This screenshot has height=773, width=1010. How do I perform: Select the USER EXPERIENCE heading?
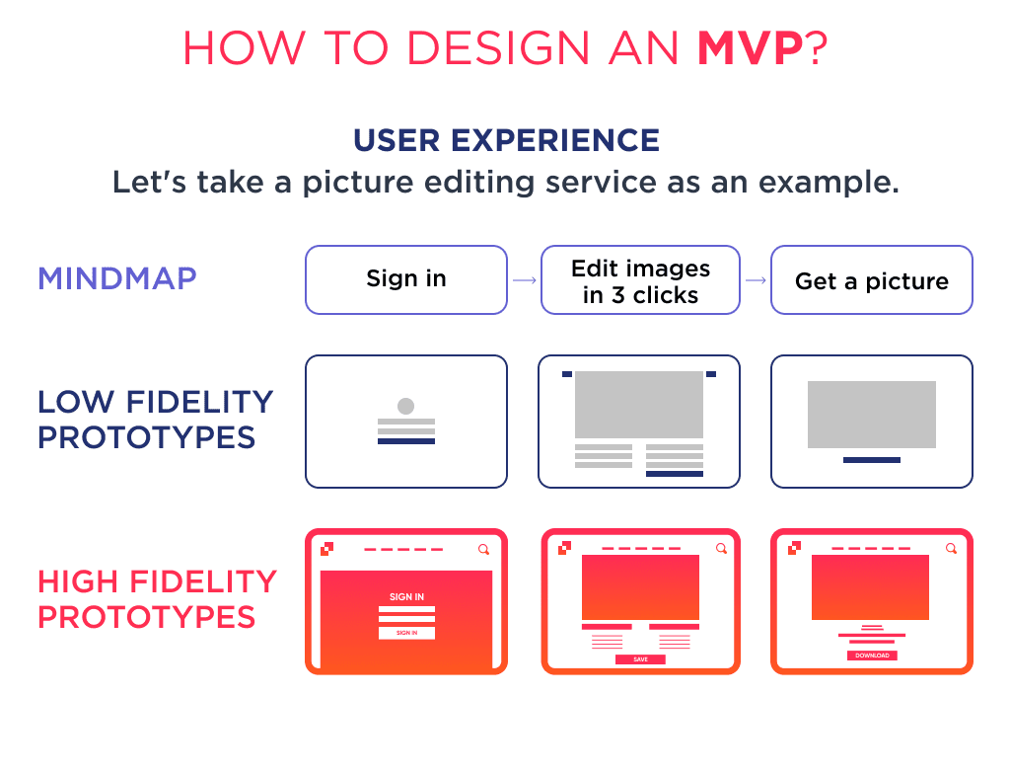coord(506,140)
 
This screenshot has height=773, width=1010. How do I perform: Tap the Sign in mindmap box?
coord(406,279)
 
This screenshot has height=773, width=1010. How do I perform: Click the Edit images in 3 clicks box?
coord(640,280)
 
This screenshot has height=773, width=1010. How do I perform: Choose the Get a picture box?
coord(872,281)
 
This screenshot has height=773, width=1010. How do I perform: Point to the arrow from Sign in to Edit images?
coord(525,280)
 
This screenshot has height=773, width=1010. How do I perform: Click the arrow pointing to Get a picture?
coord(756,280)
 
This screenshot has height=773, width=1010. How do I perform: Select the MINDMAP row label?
coord(117,278)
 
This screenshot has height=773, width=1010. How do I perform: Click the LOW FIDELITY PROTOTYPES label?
coord(155,420)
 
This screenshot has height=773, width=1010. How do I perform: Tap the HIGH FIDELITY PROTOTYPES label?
coord(157,599)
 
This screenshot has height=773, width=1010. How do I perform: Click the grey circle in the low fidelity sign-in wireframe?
coord(405,406)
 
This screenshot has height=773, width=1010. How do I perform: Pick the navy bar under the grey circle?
coord(406,441)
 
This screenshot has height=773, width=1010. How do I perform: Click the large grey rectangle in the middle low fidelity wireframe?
coord(639,405)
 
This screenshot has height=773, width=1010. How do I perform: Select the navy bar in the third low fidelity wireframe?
coord(872,460)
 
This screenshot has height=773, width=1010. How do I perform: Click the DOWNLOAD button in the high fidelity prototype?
coord(872,656)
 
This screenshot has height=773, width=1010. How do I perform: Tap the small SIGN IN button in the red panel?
coord(406,633)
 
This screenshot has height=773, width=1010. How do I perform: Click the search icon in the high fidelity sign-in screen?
coord(483,549)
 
